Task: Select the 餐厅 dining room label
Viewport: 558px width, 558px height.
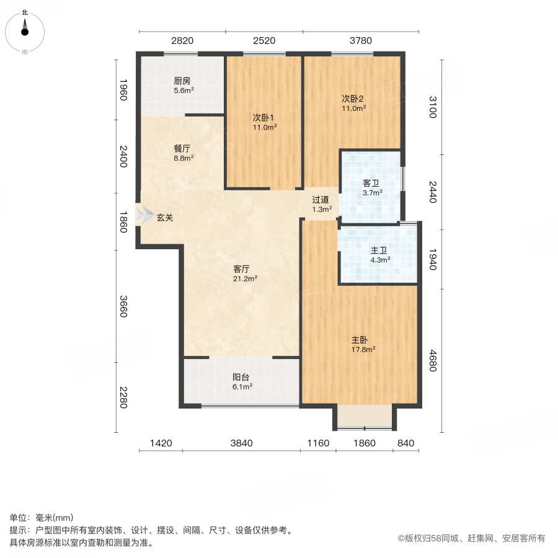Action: pyautogui.click(x=182, y=149)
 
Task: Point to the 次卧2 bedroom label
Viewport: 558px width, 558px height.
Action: pyautogui.click(x=352, y=98)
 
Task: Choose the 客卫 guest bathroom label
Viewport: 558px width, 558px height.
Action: pyautogui.click(x=371, y=184)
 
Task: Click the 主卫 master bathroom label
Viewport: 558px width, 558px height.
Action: pyautogui.click(x=379, y=250)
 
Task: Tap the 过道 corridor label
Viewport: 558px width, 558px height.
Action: pyautogui.click(x=320, y=200)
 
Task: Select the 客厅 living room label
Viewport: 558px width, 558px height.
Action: pyautogui.click(x=241, y=269)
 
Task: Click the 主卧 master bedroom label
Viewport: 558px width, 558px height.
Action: pyautogui.click(x=360, y=340)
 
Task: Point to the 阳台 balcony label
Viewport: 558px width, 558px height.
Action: pyautogui.click(x=241, y=377)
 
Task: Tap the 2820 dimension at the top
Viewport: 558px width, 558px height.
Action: pyautogui.click(x=182, y=41)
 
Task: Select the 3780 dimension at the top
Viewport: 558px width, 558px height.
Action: pyautogui.click(x=360, y=41)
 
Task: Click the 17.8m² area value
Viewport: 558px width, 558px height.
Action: pyautogui.click(x=363, y=349)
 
